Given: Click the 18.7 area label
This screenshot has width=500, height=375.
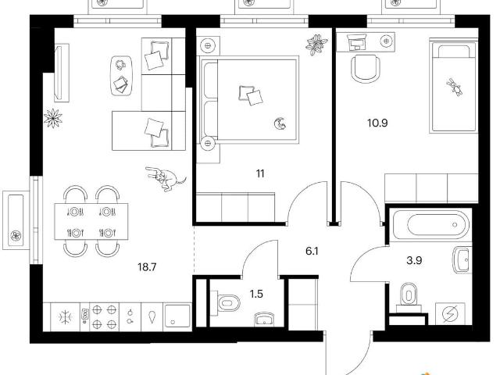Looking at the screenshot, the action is (147, 266).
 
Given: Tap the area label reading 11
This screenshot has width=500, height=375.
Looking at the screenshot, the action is (260, 173).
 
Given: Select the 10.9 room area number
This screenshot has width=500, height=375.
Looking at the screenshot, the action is (377, 123).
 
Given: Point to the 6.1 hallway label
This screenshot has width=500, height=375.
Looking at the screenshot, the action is (312, 252).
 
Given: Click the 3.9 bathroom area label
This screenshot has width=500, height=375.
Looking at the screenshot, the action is (414, 260).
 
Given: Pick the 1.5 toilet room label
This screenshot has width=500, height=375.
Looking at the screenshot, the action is (256, 294).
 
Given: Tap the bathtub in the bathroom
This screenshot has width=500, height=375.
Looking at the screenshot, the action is (431, 224).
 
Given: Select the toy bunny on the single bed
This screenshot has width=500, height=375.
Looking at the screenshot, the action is (455, 87).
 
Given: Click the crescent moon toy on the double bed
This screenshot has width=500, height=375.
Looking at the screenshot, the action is (280, 123).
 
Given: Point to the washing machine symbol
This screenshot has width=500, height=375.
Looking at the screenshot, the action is (450, 314).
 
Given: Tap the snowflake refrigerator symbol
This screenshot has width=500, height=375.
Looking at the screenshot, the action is (66, 317).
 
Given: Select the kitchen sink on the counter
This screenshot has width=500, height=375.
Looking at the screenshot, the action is (177, 318).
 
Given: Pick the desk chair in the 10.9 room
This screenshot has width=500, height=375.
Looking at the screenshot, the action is (366, 69).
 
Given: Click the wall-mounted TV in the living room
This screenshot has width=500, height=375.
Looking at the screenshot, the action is (62, 73).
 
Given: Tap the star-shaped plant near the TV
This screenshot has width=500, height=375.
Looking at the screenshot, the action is (53, 118).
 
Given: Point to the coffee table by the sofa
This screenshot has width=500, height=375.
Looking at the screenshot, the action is (121, 76).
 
